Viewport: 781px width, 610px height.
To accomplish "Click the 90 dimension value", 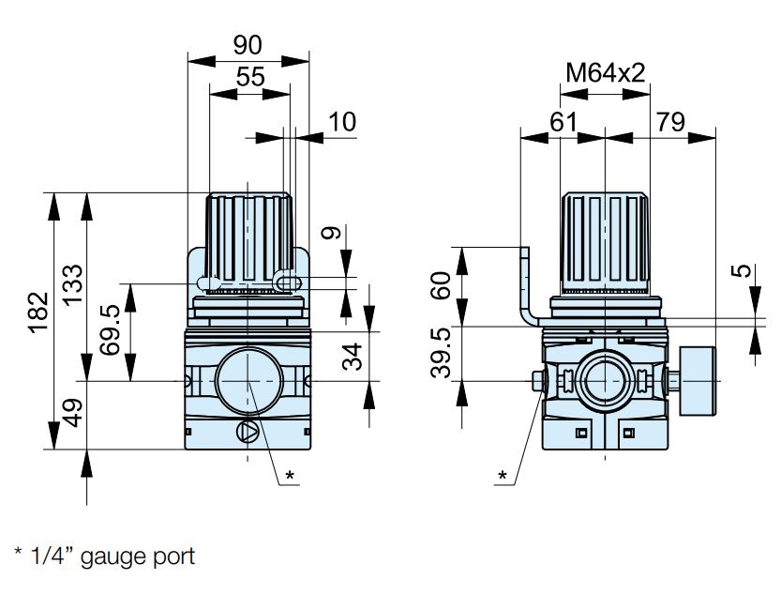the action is [248, 45].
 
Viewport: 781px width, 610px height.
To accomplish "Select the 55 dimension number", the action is [250, 77].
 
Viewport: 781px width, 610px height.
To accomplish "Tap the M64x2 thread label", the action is [605, 73].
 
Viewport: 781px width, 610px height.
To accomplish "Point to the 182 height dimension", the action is [38, 312].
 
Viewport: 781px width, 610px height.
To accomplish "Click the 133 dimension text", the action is [72, 284].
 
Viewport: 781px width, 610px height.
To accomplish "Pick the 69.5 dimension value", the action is [110, 329].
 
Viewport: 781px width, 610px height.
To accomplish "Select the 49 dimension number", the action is [73, 413].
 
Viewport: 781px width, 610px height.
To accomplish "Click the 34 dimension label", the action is [353, 357].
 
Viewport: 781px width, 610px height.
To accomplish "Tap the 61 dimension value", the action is [563, 122].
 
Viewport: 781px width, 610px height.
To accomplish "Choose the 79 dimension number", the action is [671, 122].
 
